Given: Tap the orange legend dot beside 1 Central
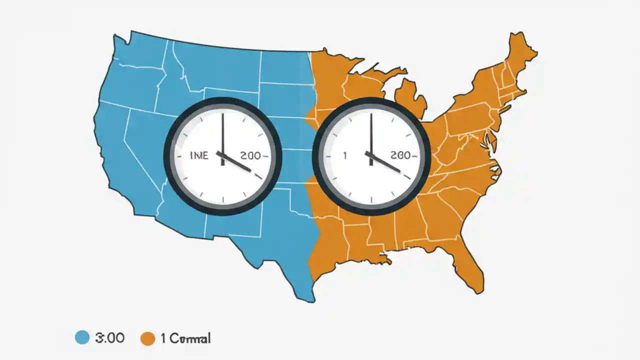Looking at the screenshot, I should click(147, 338).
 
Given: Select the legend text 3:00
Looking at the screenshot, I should click(109, 338).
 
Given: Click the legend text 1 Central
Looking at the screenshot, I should click(185, 338).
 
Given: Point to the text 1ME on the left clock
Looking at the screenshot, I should click(199, 155).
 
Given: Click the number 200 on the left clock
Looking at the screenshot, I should click(250, 155).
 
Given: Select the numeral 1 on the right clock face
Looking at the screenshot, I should click(344, 155).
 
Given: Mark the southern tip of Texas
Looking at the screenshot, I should click(310, 299).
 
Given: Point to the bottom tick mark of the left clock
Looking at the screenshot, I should click(222, 200).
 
